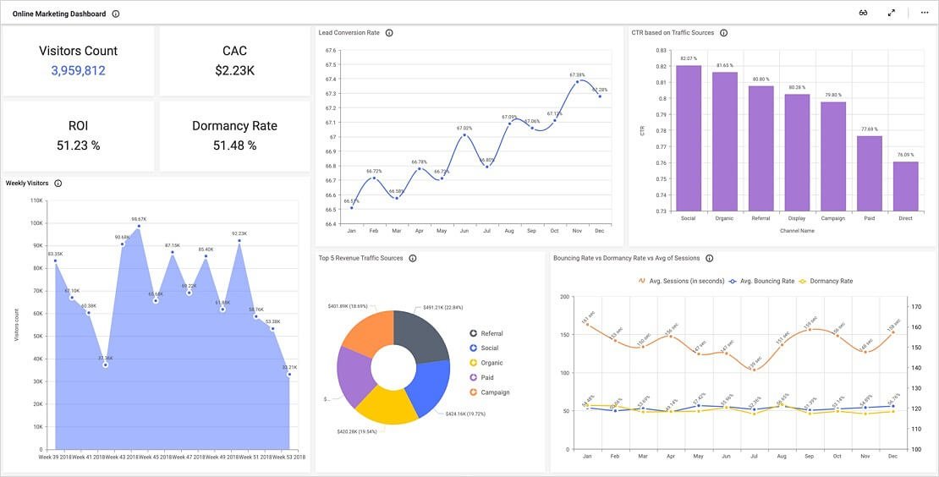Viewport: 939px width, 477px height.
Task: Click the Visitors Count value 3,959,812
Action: point(78,71)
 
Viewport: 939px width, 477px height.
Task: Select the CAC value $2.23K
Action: point(234,71)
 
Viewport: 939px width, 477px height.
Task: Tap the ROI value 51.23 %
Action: point(78,145)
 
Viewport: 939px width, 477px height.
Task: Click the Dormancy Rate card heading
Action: point(234,126)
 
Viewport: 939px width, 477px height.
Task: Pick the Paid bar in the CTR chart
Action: point(870,173)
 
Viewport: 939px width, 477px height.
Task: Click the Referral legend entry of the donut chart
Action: point(491,333)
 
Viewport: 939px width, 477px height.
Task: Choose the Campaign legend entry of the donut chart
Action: point(494,392)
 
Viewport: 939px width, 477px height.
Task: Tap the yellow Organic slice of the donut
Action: point(386,404)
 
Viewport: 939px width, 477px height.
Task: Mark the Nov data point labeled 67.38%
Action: point(577,82)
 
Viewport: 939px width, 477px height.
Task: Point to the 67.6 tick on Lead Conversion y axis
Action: point(331,50)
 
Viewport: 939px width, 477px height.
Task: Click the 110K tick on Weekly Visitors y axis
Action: point(36,200)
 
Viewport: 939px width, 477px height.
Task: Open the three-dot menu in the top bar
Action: point(924,13)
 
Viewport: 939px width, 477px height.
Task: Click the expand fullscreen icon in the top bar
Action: point(891,13)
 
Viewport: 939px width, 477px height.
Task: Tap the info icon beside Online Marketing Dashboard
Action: point(116,14)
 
